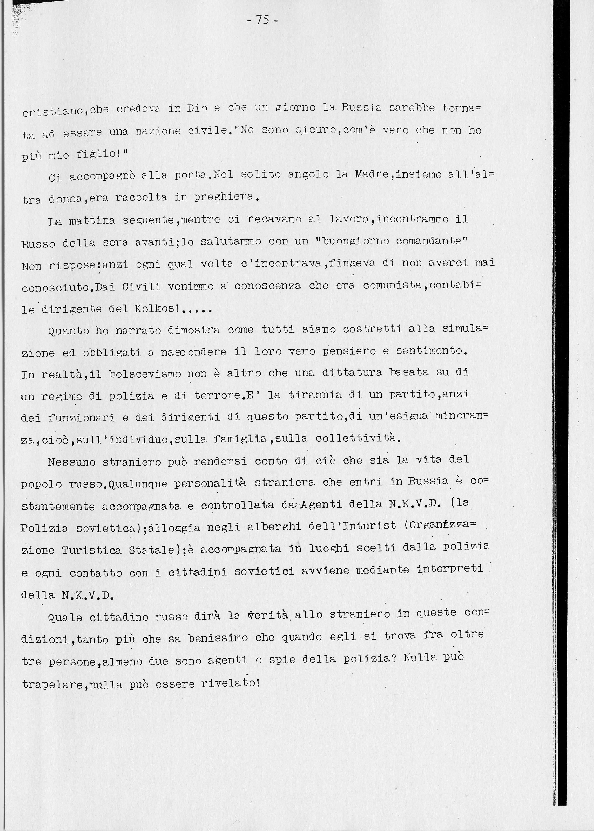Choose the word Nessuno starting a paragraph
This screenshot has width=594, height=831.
click(71, 462)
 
